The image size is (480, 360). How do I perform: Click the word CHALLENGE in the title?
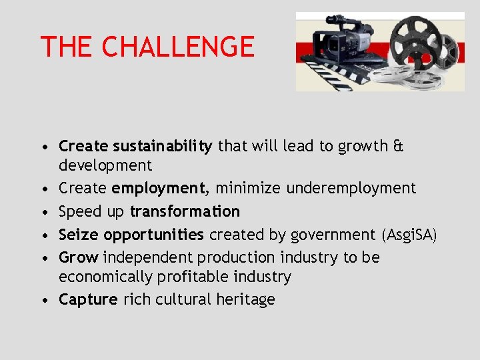(x=179, y=47)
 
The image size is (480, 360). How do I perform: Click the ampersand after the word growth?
(x=398, y=146)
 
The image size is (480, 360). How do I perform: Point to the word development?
(x=105, y=165)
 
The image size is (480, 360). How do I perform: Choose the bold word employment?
(x=158, y=189)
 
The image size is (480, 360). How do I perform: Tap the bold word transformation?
(x=185, y=211)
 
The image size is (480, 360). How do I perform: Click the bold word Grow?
(x=79, y=257)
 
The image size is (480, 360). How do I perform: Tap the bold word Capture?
(x=88, y=300)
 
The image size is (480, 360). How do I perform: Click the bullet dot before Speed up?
(x=43, y=212)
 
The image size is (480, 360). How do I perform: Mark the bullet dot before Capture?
(x=43, y=300)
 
